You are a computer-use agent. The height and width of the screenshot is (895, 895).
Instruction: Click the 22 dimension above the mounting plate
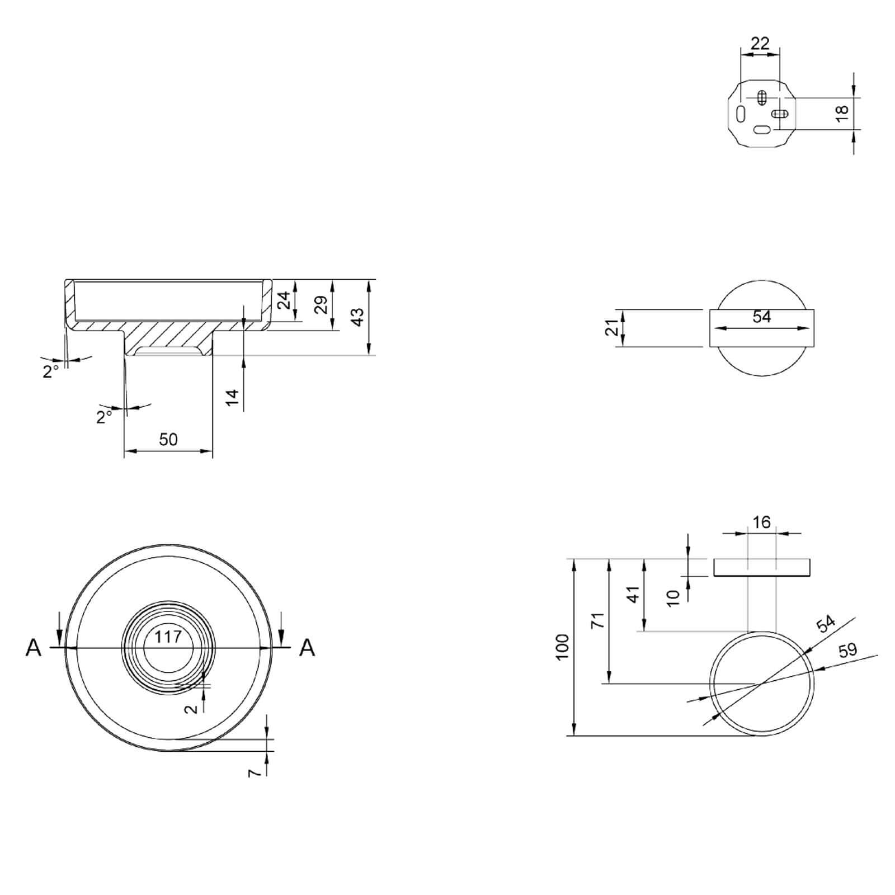pyautogui.click(x=760, y=43)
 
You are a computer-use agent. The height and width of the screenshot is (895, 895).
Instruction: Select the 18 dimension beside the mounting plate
pyautogui.click(x=842, y=113)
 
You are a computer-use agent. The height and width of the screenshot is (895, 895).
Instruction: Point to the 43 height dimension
pyautogui.click(x=357, y=316)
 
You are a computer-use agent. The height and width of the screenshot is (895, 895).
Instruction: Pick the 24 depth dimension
pyautogui.click(x=285, y=300)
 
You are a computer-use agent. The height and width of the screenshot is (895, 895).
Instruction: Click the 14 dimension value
pyautogui.click(x=232, y=397)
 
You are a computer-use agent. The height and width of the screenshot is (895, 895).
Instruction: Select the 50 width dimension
pyautogui.click(x=168, y=439)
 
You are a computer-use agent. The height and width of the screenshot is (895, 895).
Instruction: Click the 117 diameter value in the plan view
pyautogui.click(x=168, y=637)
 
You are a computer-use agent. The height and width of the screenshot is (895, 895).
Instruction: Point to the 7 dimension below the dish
pyautogui.click(x=255, y=772)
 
